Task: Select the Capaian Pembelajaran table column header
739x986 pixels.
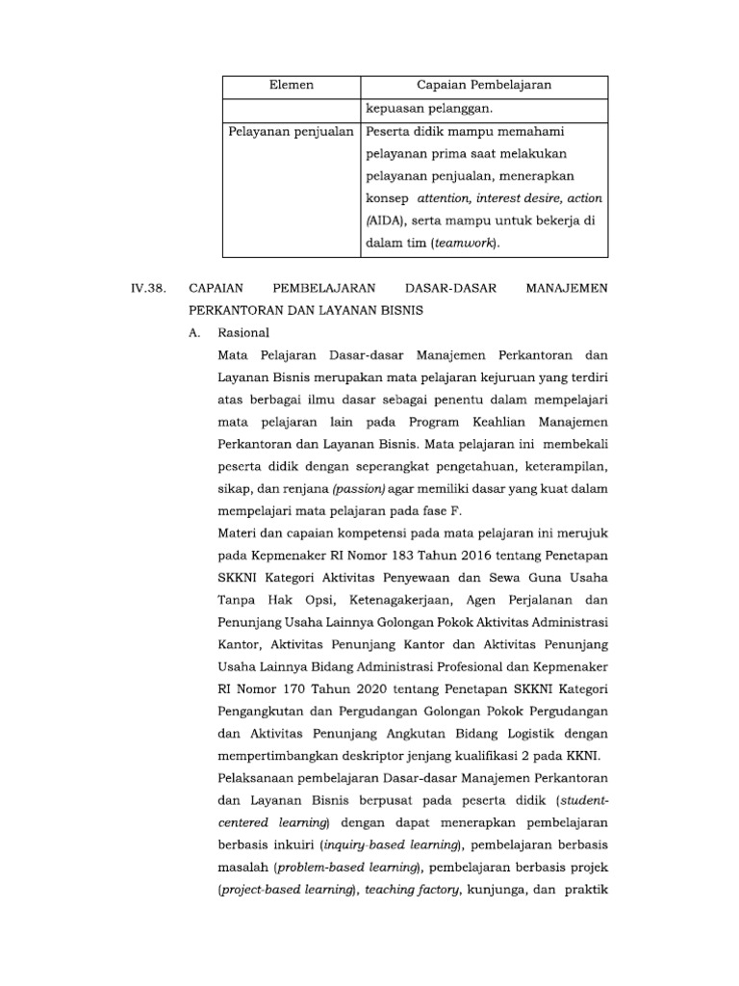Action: pos(483,87)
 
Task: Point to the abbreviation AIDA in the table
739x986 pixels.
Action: pos(381,221)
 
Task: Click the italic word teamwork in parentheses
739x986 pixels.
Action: pos(466,243)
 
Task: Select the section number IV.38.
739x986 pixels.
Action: pos(149,288)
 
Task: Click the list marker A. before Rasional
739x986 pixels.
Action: pos(195,332)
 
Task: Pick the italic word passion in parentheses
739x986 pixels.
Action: pos(359,489)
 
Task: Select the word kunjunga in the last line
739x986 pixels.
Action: pos(497,891)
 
